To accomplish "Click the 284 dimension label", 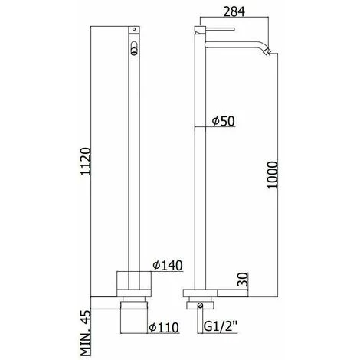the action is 234,11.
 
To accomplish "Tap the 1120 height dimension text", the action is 86,161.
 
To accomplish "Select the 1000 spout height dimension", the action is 272,175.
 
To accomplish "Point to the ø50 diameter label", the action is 223,121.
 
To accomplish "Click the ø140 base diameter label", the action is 168,266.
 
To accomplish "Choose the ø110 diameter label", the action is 164,328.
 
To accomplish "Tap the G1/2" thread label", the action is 221,326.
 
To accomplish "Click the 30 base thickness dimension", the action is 243,280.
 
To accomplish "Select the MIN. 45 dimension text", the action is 86,333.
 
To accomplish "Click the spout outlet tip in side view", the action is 267,51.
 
